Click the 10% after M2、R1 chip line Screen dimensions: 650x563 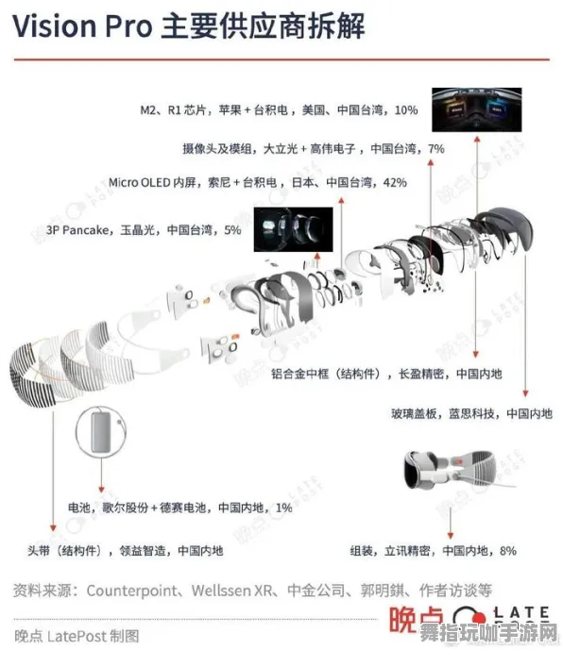(405, 109)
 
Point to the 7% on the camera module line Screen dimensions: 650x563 (435, 148)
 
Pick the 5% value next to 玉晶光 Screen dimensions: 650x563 (231, 229)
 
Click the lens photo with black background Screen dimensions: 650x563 (292, 230)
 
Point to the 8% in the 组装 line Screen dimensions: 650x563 (507, 550)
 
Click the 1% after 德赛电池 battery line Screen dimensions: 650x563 (282, 508)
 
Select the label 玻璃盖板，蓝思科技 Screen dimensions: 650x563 (443, 413)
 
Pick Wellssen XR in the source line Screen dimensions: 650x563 (232, 591)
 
